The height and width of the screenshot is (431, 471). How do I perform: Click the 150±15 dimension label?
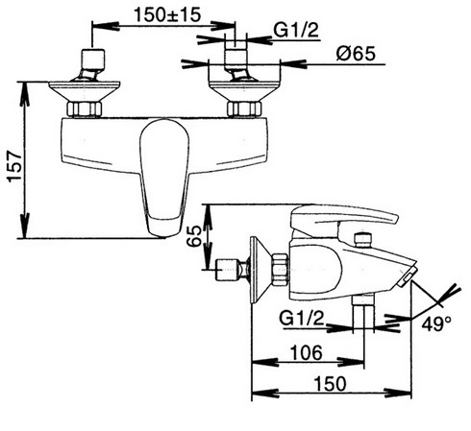pyautogui.click(x=167, y=14)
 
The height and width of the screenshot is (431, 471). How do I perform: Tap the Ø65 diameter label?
pyautogui.click(x=356, y=54)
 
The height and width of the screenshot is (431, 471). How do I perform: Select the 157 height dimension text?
pyautogui.click(x=15, y=166)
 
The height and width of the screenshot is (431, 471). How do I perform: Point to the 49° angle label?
pyautogui.click(x=436, y=323)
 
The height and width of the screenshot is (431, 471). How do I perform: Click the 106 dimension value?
pyautogui.click(x=306, y=352)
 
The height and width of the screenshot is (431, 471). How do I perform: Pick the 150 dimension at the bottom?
pyautogui.click(x=330, y=384)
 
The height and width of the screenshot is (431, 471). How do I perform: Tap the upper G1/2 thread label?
pyautogui.click(x=296, y=31)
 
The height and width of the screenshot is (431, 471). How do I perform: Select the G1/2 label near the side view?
pyautogui.click(x=302, y=319)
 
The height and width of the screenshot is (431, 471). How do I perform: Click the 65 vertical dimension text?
pyautogui.click(x=194, y=235)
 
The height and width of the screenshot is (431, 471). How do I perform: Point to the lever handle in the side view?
pyautogui.click(x=343, y=219)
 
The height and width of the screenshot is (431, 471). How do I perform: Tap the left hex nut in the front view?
pyautogui.click(x=85, y=109)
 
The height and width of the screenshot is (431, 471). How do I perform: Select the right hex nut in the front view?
pyautogui.click(x=244, y=109)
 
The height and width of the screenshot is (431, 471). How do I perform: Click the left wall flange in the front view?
pyautogui.click(x=85, y=91)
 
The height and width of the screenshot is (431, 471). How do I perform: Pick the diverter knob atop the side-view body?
pyautogui.click(x=362, y=240)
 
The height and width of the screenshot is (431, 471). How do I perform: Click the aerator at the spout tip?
pyautogui.click(x=407, y=275)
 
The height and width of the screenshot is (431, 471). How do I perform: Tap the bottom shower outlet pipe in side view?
pyautogui.click(x=363, y=313)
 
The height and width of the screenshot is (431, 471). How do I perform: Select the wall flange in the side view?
pyautogui.click(x=260, y=270)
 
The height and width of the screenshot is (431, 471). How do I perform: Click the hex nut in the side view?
pyautogui.click(x=280, y=270)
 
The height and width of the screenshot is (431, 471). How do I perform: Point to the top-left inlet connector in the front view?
pyautogui.click(x=91, y=64)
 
